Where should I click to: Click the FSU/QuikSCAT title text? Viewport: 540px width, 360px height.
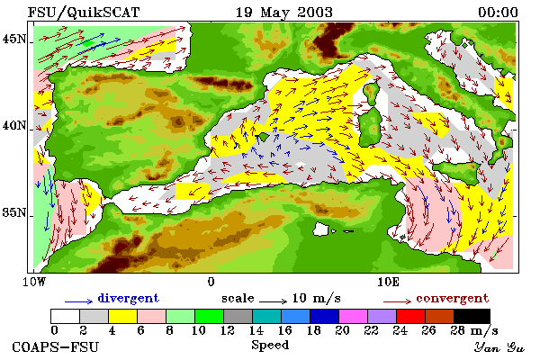click(84, 13)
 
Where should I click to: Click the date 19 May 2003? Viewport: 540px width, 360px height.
click(284, 13)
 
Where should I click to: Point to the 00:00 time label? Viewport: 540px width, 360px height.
click(498, 13)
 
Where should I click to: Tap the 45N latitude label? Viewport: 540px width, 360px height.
click(14, 40)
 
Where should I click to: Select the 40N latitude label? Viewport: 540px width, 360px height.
click(14, 125)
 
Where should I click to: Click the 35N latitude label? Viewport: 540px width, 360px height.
click(14, 212)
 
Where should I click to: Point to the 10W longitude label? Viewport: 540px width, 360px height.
click(34, 282)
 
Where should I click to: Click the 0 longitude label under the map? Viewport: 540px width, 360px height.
click(211, 282)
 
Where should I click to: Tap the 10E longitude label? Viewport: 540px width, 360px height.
click(388, 282)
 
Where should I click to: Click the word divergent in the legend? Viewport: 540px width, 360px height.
click(128, 298)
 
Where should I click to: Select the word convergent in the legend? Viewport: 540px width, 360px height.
click(452, 298)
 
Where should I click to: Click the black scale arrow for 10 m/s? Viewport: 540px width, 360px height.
click(273, 301)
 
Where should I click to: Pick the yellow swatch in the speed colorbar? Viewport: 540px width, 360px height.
click(122, 316)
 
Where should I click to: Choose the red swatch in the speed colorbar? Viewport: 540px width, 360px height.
click(410, 316)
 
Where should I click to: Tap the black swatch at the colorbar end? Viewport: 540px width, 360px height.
click(472, 316)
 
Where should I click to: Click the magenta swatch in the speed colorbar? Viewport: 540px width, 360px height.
click(353, 316)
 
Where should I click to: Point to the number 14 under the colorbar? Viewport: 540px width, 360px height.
click(256, 330)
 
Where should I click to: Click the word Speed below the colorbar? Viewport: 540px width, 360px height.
click(270, 345)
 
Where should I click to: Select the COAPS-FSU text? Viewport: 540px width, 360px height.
click(55, 346)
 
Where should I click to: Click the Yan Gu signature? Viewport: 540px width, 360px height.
click(499, 347)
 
